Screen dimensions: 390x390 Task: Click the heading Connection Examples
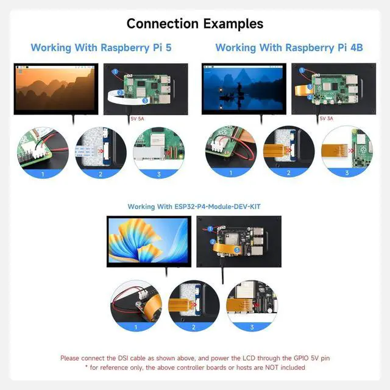tap(195, 24)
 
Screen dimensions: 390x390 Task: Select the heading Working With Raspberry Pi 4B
tap(286, 48)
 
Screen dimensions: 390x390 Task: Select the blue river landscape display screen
tap(242, 88)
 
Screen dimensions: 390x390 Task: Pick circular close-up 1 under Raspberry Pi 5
tap(43, 152)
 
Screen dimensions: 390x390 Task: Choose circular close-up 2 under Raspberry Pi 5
tap(101, 152)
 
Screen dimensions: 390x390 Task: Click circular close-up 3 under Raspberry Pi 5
tap(158, 152)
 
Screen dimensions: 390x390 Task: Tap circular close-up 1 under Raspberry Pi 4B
tap(231, 152)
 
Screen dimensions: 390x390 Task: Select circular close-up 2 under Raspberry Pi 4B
tap(289, 152)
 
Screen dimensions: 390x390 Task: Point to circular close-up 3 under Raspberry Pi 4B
tap(347, 152)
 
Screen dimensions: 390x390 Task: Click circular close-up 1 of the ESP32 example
tap(136, 307)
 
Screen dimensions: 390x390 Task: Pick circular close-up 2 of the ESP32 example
tap(194, 307)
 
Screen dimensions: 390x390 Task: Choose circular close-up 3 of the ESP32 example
tap(252, 307)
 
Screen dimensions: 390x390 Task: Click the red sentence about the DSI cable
tap(195, 358)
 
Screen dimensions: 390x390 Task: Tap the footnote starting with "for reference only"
tap(195, 367)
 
